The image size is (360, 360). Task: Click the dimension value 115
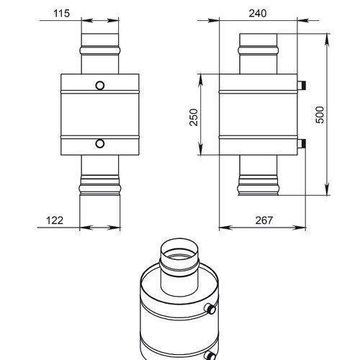point(61,13)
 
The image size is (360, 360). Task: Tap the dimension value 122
point(55,220)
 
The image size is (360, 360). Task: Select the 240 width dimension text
point(258,13)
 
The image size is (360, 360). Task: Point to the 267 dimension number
point(264,220)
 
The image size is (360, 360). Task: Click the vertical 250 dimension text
point(194,117)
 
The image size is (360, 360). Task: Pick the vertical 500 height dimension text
point(320,114)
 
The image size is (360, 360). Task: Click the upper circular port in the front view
point(100,86)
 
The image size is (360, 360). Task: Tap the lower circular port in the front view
point(100,143)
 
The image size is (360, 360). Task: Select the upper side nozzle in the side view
point(302,85)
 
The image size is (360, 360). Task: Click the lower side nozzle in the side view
point(302,143)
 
